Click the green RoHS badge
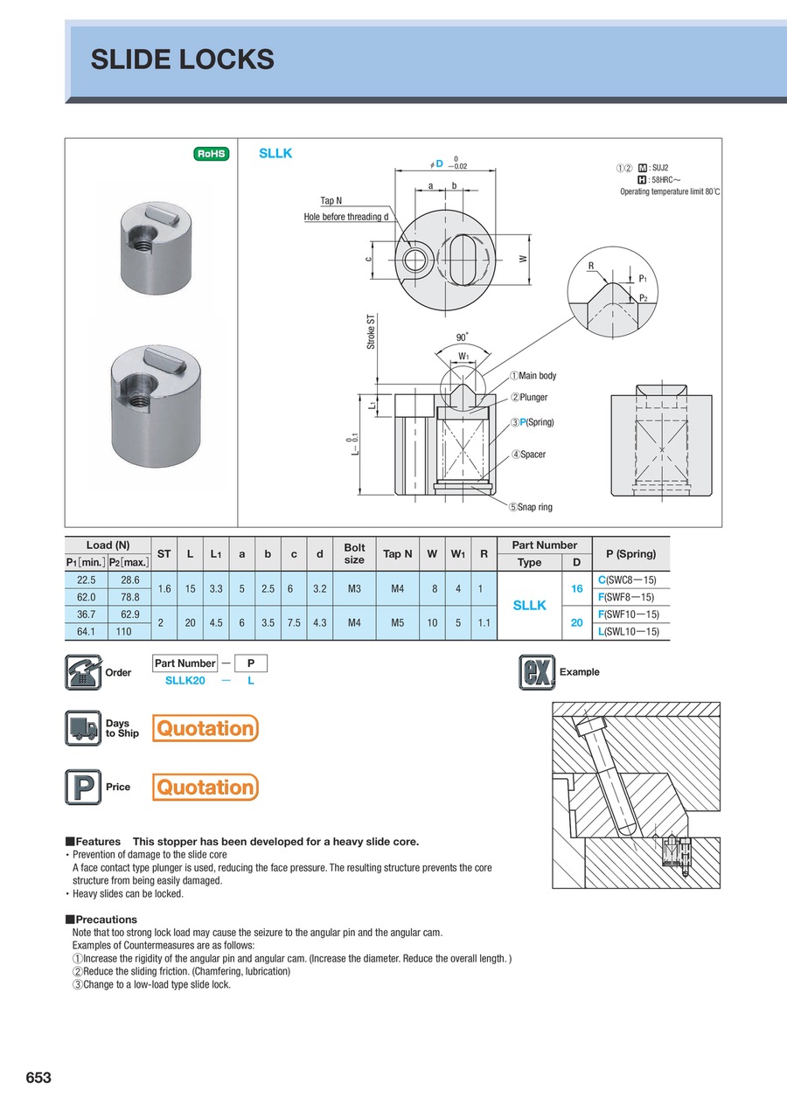[x=211, y=154]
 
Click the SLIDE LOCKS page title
[x=183, y=59]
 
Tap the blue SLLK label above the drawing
[x=275, y=153]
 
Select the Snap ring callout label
[x=534, y=507]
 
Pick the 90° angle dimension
[x=462, y=337]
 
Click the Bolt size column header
[x=354, y=553]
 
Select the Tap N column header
[x=398, y=553]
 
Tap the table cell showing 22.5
[x=86, y=580]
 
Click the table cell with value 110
[x=130, y=631]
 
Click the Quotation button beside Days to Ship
[x=205, y=728]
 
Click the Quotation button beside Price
[x=205, y=788]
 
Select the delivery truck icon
[x=83, y=728]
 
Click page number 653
[x=38, y=1079]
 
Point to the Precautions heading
[x=102, y=920]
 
